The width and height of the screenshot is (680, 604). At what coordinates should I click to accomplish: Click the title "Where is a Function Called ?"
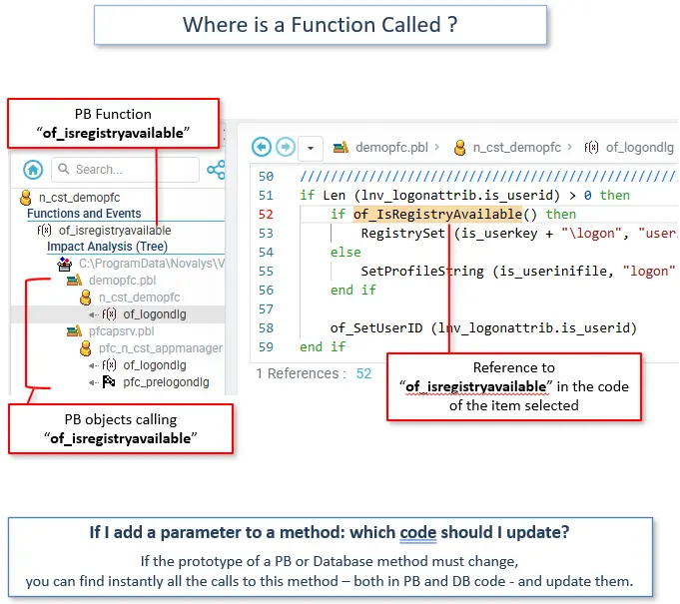click(x=320, y=25)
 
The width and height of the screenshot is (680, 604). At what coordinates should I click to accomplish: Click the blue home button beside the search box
click(x=33, y=170)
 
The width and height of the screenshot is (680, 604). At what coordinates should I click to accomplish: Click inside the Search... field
click(x=125, y=170)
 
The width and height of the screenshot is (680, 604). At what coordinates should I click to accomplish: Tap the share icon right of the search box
click(x=216, y=170)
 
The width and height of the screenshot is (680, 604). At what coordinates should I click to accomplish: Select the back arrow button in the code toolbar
click(x=263, y=147)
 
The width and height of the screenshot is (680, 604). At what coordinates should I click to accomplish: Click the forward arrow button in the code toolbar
click(x=286, y=147)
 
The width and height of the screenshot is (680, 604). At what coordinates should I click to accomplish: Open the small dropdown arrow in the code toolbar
click(x=311, y=148)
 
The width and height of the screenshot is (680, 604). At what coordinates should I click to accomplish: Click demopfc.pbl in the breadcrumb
click(x=390, y=147)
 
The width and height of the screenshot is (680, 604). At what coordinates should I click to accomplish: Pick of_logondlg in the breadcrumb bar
click(x=639, y=147)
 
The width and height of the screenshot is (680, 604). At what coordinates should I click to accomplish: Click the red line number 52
click(x=266, y=214)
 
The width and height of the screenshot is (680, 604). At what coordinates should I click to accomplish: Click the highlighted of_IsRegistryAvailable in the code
click(x=437, y=214)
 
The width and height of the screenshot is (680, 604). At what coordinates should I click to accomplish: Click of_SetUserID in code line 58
click(x=375, y=327)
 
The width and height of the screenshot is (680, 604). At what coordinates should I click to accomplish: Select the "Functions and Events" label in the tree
click(x=84, y=214)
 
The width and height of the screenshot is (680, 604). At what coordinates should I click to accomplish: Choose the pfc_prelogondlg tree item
click(x=166, y=382)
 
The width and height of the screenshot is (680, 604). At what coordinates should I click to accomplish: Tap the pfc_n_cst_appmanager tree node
click(x=160, y=348)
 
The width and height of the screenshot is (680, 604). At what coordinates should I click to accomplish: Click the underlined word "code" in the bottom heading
click(x=418, y=533)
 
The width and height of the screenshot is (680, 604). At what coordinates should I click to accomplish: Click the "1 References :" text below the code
click(x=297, y=373)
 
